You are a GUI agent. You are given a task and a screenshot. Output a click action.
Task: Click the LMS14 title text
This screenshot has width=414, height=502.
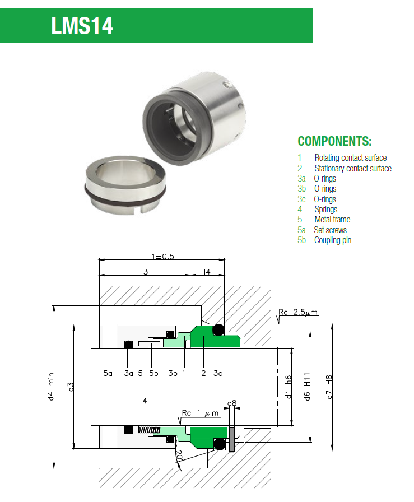pyautogui.click(x=82, y=26)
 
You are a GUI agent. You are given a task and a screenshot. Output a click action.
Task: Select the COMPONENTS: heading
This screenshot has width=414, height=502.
pyautogui.click(x=334, y=141)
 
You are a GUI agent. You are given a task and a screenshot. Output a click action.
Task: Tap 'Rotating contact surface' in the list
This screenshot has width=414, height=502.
pyautogui.click(x=350, y=158)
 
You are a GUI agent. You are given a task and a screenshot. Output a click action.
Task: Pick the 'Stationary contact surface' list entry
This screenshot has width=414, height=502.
pyautogui.click(x=353, y=168)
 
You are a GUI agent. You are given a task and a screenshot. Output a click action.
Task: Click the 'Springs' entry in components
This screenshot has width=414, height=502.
pyautogui.click(x=325, y=209)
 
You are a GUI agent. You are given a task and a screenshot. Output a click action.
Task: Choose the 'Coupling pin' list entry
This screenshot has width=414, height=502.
pyautogui.click(x=333, y=240)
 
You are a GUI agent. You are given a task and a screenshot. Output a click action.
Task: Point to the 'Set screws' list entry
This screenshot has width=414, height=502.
pyautogui.click(x=330, y=230)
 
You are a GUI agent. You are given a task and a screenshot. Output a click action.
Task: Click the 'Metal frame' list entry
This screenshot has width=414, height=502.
pyautogui.click(x=332, y=219)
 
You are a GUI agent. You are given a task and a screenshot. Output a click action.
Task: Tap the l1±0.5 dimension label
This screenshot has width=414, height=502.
pyautogui.click(x=161, y=257)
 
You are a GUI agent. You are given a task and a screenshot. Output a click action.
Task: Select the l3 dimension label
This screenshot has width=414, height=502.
pyautogui.click(x=144, y=272)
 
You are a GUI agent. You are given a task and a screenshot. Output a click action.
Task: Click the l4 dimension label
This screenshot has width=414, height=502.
pyautogui.click(x=207, y=272)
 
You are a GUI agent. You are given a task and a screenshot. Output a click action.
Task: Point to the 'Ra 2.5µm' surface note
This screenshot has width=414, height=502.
pyautogui.click(x=298, y=312)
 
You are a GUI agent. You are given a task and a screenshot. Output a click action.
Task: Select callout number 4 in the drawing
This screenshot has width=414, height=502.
pyautogui.click(x=145, y=401)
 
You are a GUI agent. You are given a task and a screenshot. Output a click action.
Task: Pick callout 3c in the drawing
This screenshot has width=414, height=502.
pyautogui.click(x=218, y=373)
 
